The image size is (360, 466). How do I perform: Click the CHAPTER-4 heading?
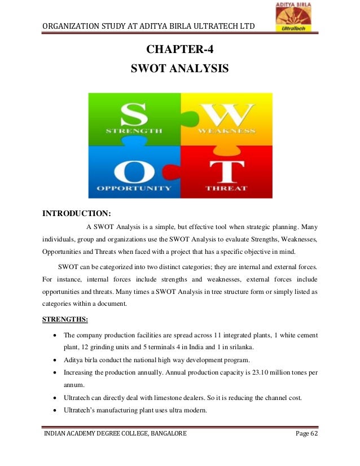(179, 49)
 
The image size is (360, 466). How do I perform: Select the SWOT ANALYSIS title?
(179, 69)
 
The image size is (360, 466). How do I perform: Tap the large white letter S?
(134, 113)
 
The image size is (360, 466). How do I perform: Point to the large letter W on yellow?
(225, 113)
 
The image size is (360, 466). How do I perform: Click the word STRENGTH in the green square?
(134, 131)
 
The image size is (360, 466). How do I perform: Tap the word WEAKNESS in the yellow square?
(226, 131)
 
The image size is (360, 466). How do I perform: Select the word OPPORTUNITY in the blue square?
(134, 188)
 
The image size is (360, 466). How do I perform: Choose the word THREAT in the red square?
(226, 188)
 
